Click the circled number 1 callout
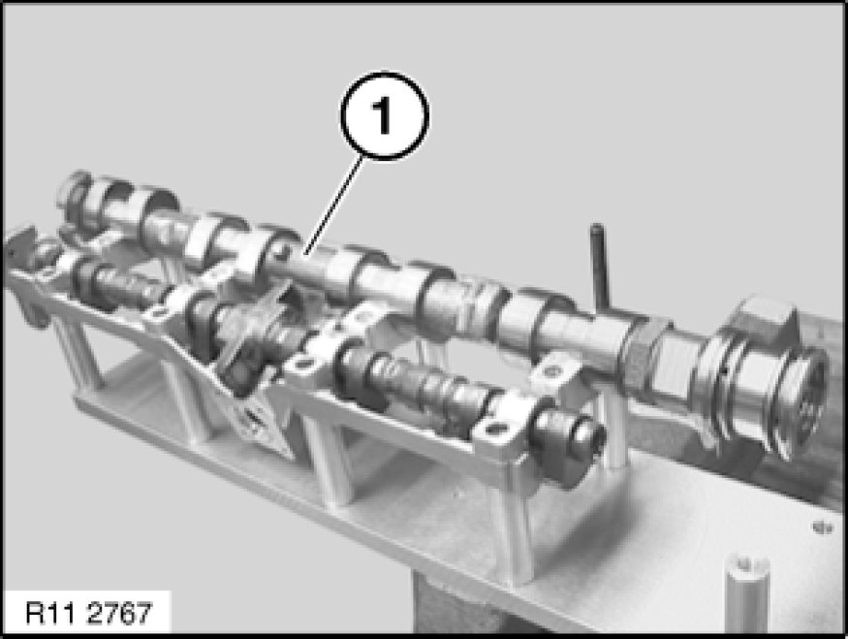pyautogui.click(x=385, y=115)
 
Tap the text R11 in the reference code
pyautogui.click(x=52, y=614)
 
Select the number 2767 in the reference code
pyautogui.click(x=119, y=614)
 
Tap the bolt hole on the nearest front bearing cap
pyautogui.click(x=493, y=431)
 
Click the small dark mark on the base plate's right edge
pyautogui.click(x=821, y=526)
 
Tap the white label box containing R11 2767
pyautogui.click(x=87, y=613)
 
